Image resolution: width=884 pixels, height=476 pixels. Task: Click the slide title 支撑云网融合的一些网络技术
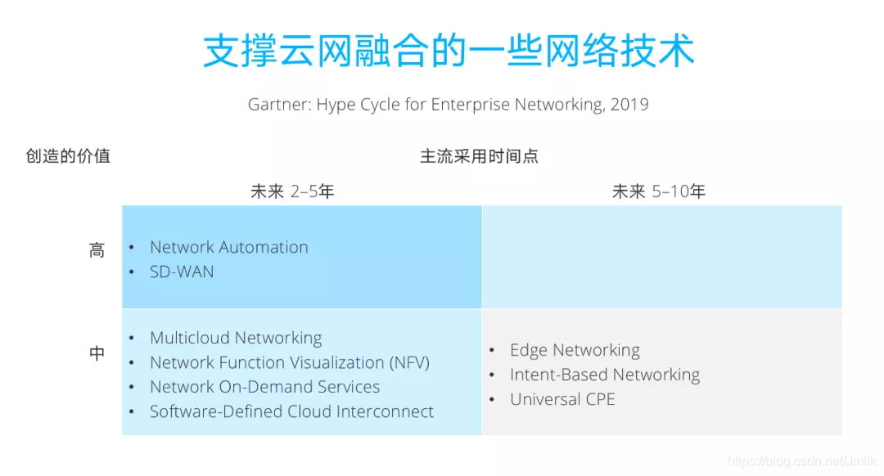tap(449, 51)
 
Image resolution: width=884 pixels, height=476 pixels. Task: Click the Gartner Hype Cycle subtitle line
tap(449, 105)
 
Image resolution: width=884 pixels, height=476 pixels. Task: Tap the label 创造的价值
tap(68, 155)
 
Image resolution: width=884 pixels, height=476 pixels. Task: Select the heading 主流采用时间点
tap(479, 156)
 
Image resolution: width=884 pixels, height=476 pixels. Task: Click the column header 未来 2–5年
tap(292, 192)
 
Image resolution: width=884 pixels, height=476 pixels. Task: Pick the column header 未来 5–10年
tap(659, 192)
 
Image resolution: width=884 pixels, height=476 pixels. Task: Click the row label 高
tap(97, 250)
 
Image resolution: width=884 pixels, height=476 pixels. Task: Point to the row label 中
tap(97, 353)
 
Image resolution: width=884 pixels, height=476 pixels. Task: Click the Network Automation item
tap(228, 247)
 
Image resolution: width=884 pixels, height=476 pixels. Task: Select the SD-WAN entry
tap(182, 272)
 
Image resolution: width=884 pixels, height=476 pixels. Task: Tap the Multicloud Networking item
tap(236, 338)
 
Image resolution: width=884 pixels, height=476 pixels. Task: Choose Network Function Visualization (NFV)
tap(289, 362)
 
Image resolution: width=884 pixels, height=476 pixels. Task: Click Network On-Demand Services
tap(264, 387)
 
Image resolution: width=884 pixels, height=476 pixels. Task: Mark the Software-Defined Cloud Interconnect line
tap(291, 411)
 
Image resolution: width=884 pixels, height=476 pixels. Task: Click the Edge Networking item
tap(575, 350)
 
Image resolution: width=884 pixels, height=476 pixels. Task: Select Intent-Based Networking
tap(604, 375)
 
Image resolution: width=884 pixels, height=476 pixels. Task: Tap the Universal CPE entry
tap(562, 399)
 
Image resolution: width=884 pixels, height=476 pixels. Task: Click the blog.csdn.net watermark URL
tap(801, 463)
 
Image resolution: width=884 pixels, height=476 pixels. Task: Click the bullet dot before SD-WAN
tap(132, 272)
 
